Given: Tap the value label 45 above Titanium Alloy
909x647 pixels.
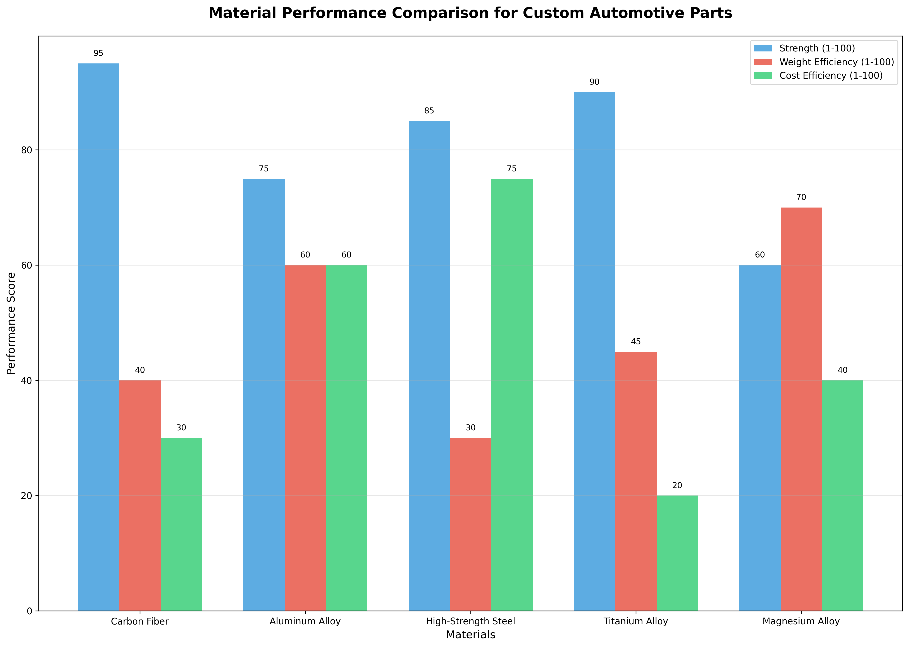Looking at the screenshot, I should pyautogui.click(x=636, y=341).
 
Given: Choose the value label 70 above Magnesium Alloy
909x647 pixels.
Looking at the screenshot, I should pyautogui.click(x=801, y=197).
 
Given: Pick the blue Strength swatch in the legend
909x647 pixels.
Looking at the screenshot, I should pyautogui.click(x=763, y=48).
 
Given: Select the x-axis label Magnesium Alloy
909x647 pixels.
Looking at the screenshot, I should pyautogui.click(x=801, y=621).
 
